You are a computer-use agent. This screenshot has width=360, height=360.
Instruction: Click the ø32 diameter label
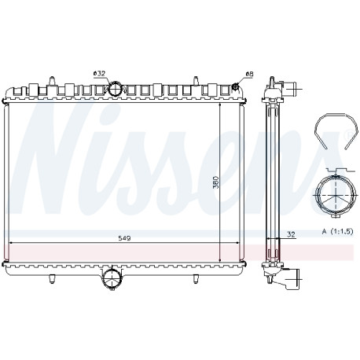click(99, 73)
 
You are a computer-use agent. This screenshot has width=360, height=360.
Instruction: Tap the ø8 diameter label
click(249, 74)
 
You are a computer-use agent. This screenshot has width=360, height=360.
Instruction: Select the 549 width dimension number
click(124, 238)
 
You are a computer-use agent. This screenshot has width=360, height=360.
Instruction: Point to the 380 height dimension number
click(215, 182)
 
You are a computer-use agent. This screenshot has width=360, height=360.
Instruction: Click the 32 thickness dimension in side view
click(291, 234)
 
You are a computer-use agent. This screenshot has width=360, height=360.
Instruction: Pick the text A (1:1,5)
click(338, 231)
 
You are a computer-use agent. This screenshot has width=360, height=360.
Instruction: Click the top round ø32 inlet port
click(115, 89)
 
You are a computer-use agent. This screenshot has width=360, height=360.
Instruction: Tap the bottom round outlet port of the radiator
click(112, 280)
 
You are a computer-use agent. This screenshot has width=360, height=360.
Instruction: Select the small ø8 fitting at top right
click(235, 86)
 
